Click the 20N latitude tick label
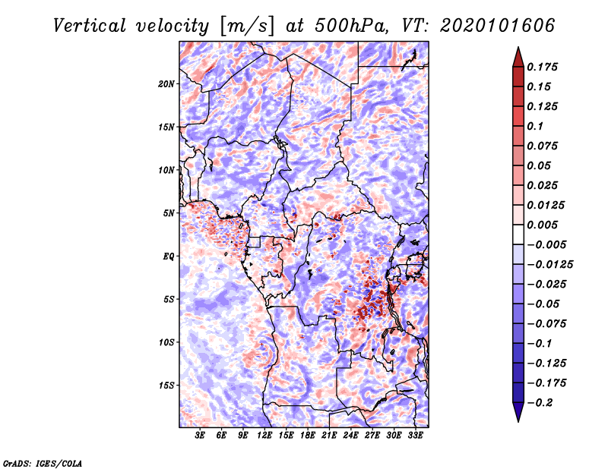click(x=166, y=83)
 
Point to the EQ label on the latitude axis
click(x=169, y=257)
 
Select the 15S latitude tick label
click(x=166, y=386)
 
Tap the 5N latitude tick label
click(x=169, y=213)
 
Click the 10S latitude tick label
click(x=166, y=342)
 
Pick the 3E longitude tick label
click(x=200, y=436)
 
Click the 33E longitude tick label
click(x=415, y=436)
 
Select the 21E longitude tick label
click(x=329, y=436)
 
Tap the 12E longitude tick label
click(x=264, y=436)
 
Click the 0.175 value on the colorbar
click(x=545, y=67)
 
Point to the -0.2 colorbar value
click(x=542, y=403)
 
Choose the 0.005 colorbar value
click(x=545, y=225)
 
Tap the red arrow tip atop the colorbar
click(x=518, y=52)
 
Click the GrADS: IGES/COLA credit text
click(x=43, y=462)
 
